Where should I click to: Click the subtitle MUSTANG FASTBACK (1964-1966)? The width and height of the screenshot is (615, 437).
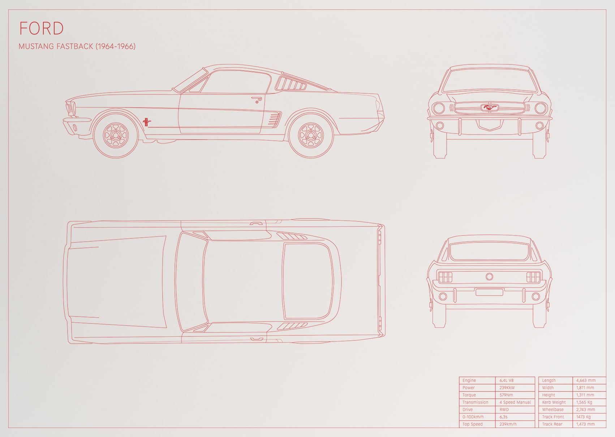coord(77,46)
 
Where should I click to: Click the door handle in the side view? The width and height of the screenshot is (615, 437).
coord(256,99)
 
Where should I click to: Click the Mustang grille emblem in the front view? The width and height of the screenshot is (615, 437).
coord(490,107)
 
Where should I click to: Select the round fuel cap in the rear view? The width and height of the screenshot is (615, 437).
coord(489,276)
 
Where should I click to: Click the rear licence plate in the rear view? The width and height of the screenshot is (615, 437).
coord(489,292)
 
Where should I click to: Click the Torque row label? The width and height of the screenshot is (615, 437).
coord(469,395)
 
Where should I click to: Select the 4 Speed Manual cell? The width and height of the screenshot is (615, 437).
coord(515,402)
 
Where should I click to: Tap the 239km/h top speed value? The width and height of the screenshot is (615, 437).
coord(508,424)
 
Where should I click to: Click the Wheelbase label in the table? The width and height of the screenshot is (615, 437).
coord(553,410)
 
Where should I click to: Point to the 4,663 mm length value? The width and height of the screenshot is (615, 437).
coord(586,380)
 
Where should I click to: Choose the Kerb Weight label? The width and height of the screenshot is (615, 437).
coord(554,402)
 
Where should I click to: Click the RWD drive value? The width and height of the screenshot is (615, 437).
coord(504,410)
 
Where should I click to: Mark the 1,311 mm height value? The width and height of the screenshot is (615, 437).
coord(585,395)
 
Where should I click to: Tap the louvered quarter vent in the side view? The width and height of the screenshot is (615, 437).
coord(291,83)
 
